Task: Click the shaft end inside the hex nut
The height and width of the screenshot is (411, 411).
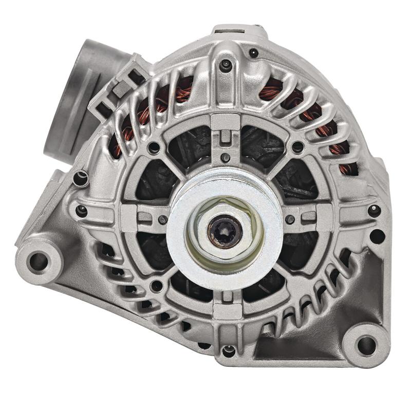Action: point(225,230)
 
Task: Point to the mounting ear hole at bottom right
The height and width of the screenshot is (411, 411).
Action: point(366,344)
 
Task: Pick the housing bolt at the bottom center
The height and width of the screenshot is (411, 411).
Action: point(228,351)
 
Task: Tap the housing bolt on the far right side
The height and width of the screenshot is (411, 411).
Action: point(374,210)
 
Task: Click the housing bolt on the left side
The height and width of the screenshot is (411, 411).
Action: point(81,210)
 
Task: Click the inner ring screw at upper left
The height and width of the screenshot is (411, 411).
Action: point(153,148)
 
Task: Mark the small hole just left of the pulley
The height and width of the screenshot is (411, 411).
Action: point(163,219)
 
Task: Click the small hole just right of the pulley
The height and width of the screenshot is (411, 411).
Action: point(290,219)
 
